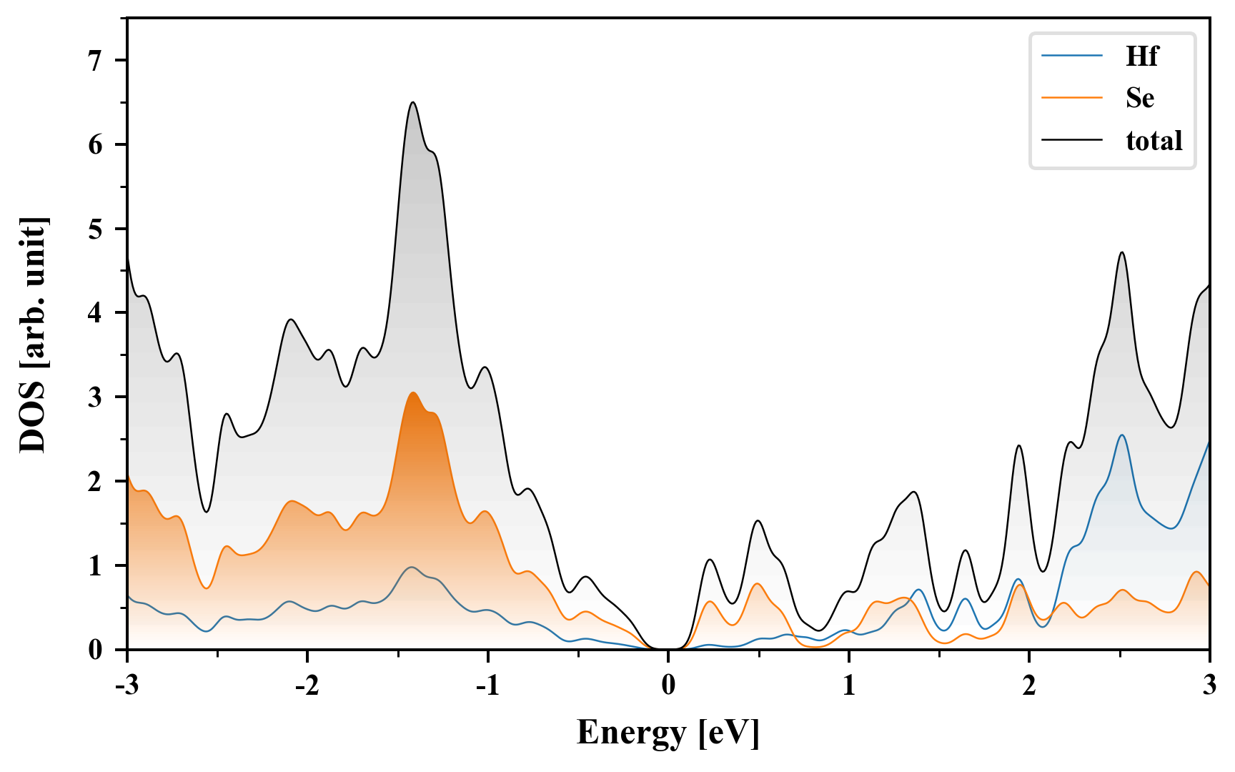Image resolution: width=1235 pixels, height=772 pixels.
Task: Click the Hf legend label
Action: [1141, 56]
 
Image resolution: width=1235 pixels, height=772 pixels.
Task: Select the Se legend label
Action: [1140, 98]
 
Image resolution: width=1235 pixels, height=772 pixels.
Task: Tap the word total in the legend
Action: [1154, 140]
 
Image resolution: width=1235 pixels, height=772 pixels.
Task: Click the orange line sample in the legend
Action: [1072, 97]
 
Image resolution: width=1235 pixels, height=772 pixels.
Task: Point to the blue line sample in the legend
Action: [1072, 55]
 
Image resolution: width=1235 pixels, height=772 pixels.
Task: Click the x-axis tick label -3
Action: [127, 686]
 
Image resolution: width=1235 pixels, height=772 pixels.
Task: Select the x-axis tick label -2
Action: [307, 686]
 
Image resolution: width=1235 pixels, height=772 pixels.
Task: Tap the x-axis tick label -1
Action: [487, 686]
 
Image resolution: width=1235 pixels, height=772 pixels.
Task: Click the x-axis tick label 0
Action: [668, 686]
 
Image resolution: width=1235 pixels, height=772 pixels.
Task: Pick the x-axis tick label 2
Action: [1029, 686]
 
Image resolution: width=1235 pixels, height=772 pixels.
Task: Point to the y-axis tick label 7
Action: [95, 61]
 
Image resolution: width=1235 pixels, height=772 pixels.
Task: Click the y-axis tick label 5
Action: [95, 229]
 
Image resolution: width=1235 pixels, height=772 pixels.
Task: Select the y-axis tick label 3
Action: [95, 397]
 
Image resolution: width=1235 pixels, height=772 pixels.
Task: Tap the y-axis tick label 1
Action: [95, 566]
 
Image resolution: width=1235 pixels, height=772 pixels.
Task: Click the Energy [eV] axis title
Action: [668, 733]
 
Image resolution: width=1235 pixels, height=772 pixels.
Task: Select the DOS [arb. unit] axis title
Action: [33, 335]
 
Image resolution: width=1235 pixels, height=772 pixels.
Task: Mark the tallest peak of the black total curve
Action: [412, 103]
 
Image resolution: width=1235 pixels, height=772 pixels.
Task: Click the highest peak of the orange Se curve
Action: [412, 393]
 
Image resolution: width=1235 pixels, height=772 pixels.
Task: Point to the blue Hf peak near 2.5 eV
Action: [1122, 435]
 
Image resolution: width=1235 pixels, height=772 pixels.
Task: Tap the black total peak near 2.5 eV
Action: [1122, 252]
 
